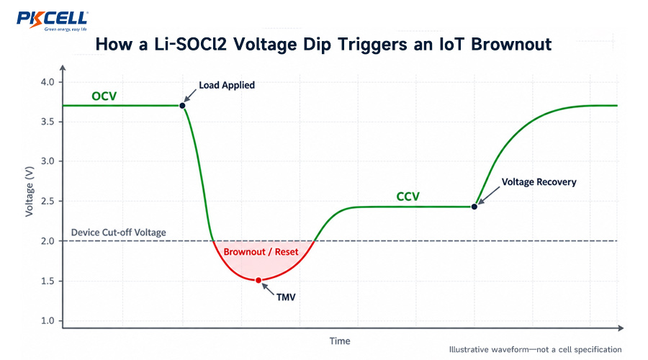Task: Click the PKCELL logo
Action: click(52, 21)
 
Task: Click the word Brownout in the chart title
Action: click(511, 44)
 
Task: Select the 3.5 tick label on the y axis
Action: click(48, 122)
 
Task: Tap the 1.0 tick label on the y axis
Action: click(48, 320)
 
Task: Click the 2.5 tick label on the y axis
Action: click(48, 202)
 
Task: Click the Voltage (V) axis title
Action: click(29, 194)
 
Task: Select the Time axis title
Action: click(340, 341)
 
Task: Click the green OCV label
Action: click(104, 96)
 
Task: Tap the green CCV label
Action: click(408, 197)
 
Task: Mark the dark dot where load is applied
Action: click(182, 106)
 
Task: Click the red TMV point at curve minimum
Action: click(258, 280)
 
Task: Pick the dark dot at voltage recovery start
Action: click(474, 207)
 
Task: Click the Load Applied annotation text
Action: click(227, 85)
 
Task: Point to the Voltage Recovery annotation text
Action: click(539, 182)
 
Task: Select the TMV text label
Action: click(286, 297)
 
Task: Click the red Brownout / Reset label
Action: click(261, 252)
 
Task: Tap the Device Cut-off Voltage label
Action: click(119, 233)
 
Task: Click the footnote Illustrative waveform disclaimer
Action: click(535, 350)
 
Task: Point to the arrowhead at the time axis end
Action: click(621, 328)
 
